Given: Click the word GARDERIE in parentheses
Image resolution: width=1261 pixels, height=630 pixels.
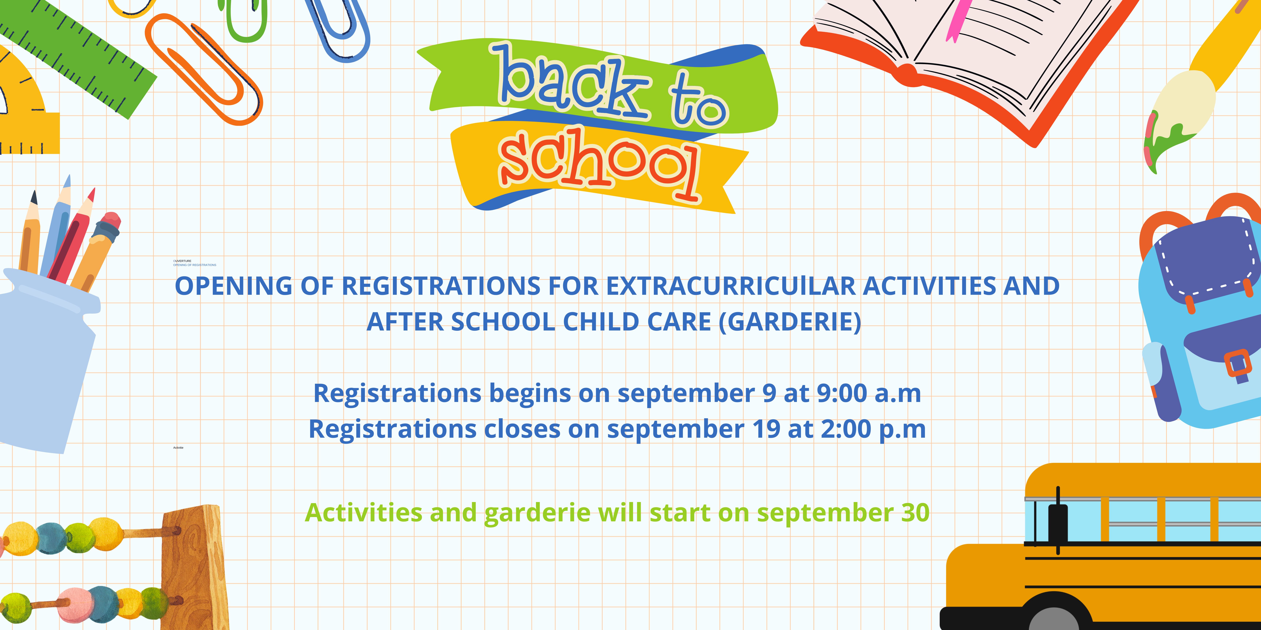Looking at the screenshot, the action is click(x=790, y=322).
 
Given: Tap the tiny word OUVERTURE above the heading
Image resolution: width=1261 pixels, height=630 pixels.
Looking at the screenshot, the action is click(x=182, y=261).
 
